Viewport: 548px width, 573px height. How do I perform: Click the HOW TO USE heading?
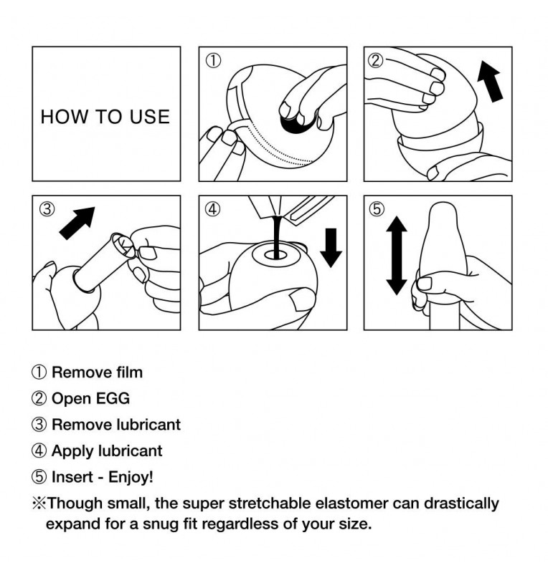(x=105, y=117)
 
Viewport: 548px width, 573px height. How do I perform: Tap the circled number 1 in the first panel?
(x=213, y=61)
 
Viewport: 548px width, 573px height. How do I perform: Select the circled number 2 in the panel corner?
(x=376, y=61)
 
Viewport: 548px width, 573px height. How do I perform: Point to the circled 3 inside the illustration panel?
(x=47, y=209)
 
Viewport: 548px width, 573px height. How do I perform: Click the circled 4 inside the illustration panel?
(x=213, y=209)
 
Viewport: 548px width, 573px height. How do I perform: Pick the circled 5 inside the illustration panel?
(x=377, y=209)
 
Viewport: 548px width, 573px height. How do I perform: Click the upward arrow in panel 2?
(x=491, y=81)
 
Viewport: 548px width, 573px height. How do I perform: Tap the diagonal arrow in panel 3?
(x=77, y=223)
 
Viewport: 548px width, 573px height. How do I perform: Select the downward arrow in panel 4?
(x=331, y=248)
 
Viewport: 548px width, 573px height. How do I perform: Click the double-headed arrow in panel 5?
(x=397, y=256)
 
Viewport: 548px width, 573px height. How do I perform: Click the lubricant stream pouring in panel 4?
(x=277, y=237)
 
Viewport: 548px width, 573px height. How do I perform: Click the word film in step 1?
(x=130, y=372)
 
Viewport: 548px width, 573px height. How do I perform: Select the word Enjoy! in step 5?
(x=131, y=477)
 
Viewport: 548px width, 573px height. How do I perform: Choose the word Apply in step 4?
(x=72, y=451)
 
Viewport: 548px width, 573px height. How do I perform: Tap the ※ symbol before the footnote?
(x=39, y=504)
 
